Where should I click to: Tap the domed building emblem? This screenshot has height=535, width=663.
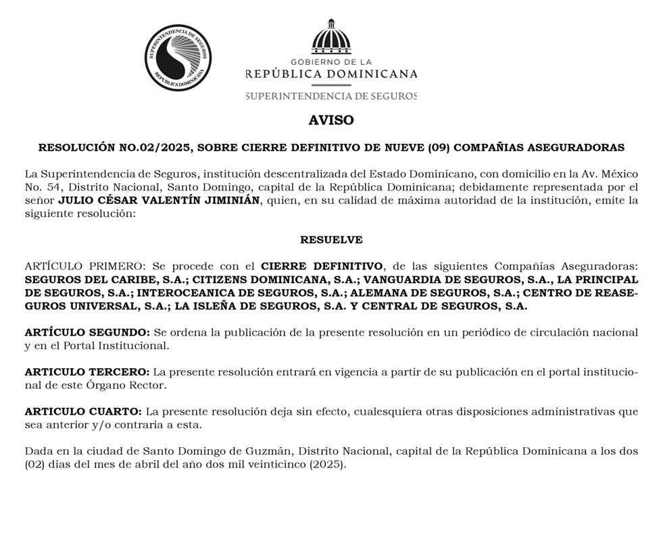[x=331, y=37]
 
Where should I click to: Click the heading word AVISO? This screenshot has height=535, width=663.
[x=331, y=120]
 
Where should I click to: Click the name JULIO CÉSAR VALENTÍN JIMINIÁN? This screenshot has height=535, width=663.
[x=158, y=201]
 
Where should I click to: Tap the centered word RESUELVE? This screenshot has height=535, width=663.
[x=331, y=240]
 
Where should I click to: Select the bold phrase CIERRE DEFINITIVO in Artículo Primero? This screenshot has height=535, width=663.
[x=322, y=266]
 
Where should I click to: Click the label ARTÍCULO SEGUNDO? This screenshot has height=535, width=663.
[x=87, y=332]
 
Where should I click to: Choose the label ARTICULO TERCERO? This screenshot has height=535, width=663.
[x=87, y=372]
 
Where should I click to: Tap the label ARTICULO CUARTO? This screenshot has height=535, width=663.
[x=83, y=411]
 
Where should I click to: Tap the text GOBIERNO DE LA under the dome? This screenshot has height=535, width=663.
[x=331, y=61]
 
